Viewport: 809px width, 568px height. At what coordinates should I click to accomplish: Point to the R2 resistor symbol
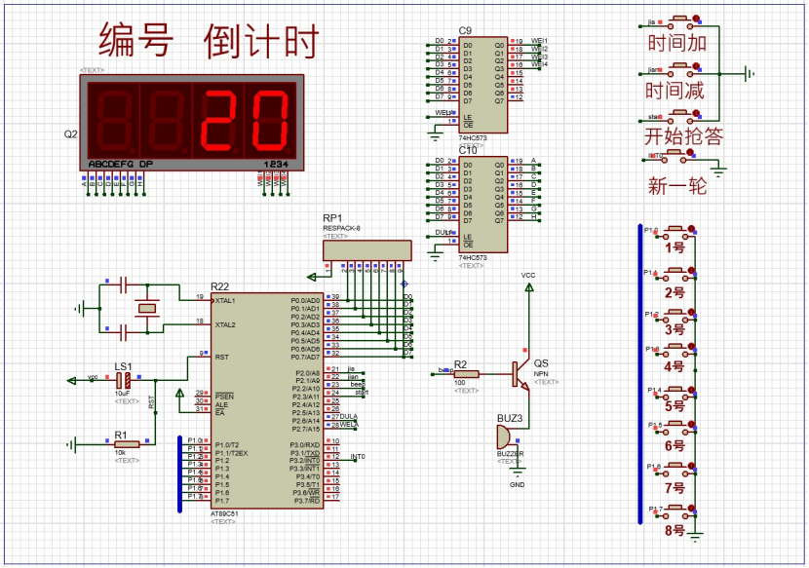click(467, 372)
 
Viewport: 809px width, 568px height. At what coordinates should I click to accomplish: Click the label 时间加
click(676, 43)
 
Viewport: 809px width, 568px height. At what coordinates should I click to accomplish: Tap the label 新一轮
click(676, 185)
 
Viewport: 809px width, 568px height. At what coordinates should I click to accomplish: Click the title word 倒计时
click(261, 41)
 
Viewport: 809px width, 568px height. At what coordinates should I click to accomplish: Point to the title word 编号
click(135, 41)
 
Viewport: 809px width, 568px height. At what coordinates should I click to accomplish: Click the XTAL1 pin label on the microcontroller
click(225, 301)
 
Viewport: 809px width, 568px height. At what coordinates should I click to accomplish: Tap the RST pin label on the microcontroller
click(221, 357)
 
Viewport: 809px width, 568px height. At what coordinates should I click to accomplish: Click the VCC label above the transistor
click(528, 276)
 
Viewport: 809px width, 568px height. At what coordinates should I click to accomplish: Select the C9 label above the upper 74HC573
click(465, 31)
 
